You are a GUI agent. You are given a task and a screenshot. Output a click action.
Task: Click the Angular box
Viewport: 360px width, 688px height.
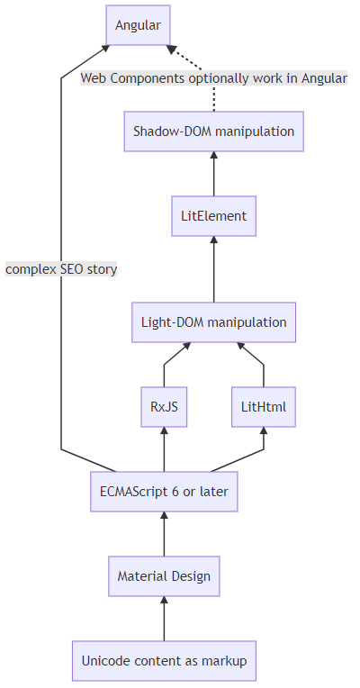[138, 25]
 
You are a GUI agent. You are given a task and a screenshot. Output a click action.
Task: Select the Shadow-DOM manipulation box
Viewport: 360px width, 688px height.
[213, 131]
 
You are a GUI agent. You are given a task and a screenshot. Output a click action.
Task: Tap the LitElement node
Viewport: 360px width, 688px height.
[213, 216]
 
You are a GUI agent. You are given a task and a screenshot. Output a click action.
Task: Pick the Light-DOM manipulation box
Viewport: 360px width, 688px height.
[213, 322]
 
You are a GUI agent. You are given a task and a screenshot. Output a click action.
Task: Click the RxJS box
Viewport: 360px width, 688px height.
[164, 407]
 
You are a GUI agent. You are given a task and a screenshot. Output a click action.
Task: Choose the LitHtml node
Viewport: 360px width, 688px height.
[264, 407]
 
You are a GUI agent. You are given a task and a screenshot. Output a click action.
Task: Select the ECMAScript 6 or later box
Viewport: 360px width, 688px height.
[164, 492]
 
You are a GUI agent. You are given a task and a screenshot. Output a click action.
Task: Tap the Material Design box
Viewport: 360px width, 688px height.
[164, 576]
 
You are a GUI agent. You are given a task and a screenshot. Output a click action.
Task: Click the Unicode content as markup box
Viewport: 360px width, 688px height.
[164, 661]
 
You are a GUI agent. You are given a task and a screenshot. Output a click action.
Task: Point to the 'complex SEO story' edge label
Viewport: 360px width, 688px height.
[61, 268]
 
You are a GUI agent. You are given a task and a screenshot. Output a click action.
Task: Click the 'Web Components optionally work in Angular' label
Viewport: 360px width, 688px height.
[214, 78]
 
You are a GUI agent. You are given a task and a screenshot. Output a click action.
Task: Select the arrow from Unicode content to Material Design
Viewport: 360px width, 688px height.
[164, 619]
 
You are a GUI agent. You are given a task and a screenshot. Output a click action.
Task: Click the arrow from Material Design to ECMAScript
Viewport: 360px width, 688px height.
[164, 534]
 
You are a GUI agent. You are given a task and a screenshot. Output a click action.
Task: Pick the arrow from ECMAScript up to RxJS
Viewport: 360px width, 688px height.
[164, 449]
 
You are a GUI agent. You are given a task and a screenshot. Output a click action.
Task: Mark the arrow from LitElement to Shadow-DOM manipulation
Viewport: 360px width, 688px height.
[213, 174]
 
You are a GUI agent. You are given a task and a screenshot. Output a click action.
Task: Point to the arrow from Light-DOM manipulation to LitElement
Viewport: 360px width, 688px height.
[213, 269]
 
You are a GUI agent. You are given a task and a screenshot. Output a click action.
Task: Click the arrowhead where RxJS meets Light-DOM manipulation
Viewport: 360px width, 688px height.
[186, 346]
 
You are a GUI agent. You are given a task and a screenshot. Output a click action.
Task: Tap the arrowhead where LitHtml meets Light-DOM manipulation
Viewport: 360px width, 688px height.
[241, 346]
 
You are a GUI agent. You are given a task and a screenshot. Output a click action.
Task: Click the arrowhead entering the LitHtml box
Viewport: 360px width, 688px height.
[264, 430]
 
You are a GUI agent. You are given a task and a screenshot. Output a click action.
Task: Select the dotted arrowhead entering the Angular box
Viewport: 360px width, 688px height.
[171, 50]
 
